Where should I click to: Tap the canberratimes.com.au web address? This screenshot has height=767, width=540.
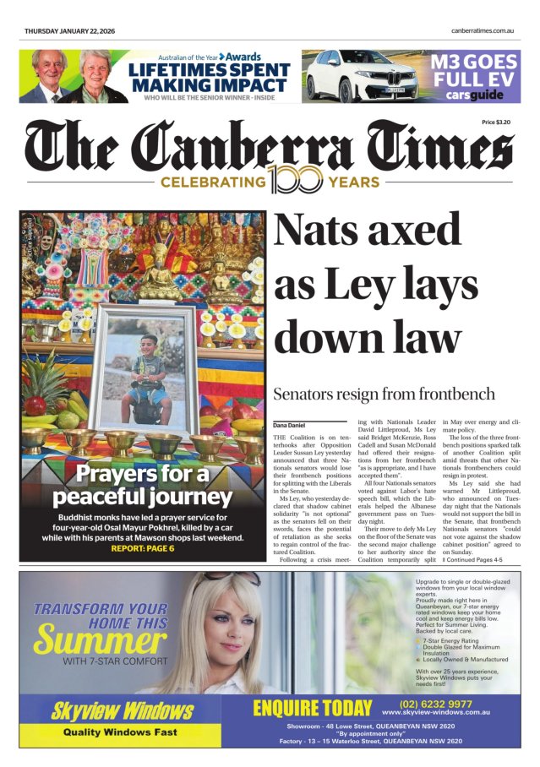(x=483, y=31)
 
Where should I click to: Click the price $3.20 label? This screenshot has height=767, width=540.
(x=496, y=122)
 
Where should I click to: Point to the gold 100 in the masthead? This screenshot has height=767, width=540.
(x=296, y=180)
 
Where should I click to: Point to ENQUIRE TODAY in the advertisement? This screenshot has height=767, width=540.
(x=312, y=708)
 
